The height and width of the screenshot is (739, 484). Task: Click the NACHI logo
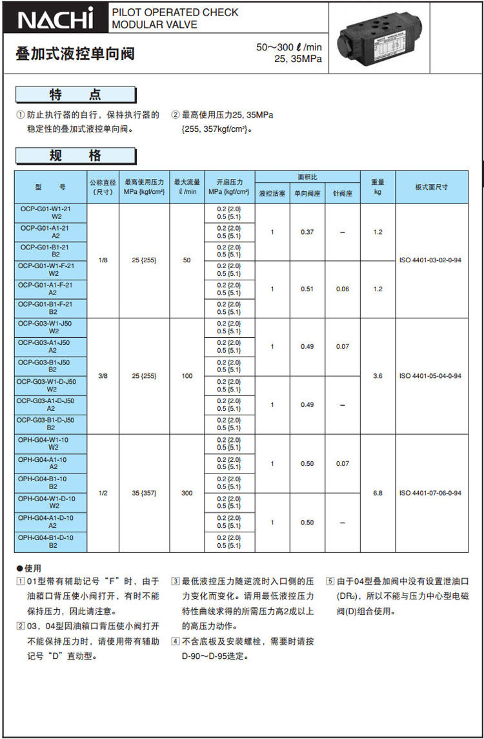[x=55, y=19]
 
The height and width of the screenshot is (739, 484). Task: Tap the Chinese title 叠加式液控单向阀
[x=75, y=54]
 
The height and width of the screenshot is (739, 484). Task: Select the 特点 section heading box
[x=76, y=95]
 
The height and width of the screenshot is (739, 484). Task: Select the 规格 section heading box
[x=76, y=156]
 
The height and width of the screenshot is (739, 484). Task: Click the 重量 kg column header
[x=378, y=187]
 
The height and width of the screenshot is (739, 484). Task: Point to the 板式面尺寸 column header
[x=431, y=187]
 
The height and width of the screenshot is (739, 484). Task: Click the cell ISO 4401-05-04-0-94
[x=430, y=375]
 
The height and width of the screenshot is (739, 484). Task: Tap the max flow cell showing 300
[x=187, y=493]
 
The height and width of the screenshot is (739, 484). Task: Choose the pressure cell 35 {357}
[x=145, y=493]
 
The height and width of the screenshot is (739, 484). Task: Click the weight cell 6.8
[x=378, y=493]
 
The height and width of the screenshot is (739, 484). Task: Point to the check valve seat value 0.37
[x=307, y=232]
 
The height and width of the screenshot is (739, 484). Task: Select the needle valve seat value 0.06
[x=342, y=289]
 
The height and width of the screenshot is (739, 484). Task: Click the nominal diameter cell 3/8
[x=103, y=375]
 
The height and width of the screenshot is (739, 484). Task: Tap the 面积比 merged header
[x=307, y=177]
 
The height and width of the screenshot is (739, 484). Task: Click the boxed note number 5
[x=330, y=580]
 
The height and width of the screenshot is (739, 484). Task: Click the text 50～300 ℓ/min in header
[x=288, y=47]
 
